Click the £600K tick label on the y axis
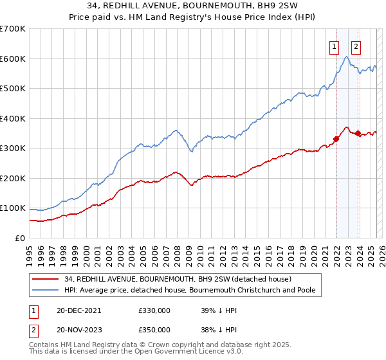tap(13, 59)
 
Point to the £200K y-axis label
tap(13, 178)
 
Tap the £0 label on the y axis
tap(19, 238)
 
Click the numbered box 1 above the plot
tap(335, 46)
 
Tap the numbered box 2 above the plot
tap(356, 46)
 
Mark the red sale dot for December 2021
tap(336, 139)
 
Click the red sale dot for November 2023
tap(358, 133)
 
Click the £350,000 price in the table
tap(154, 329)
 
